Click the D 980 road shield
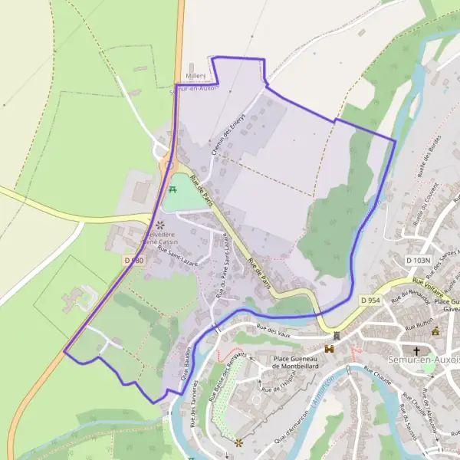(133, 261)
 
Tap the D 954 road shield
(369, 299)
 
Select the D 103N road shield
(418, 261)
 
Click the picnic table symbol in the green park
(172, 189)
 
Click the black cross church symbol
(417, 352)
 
